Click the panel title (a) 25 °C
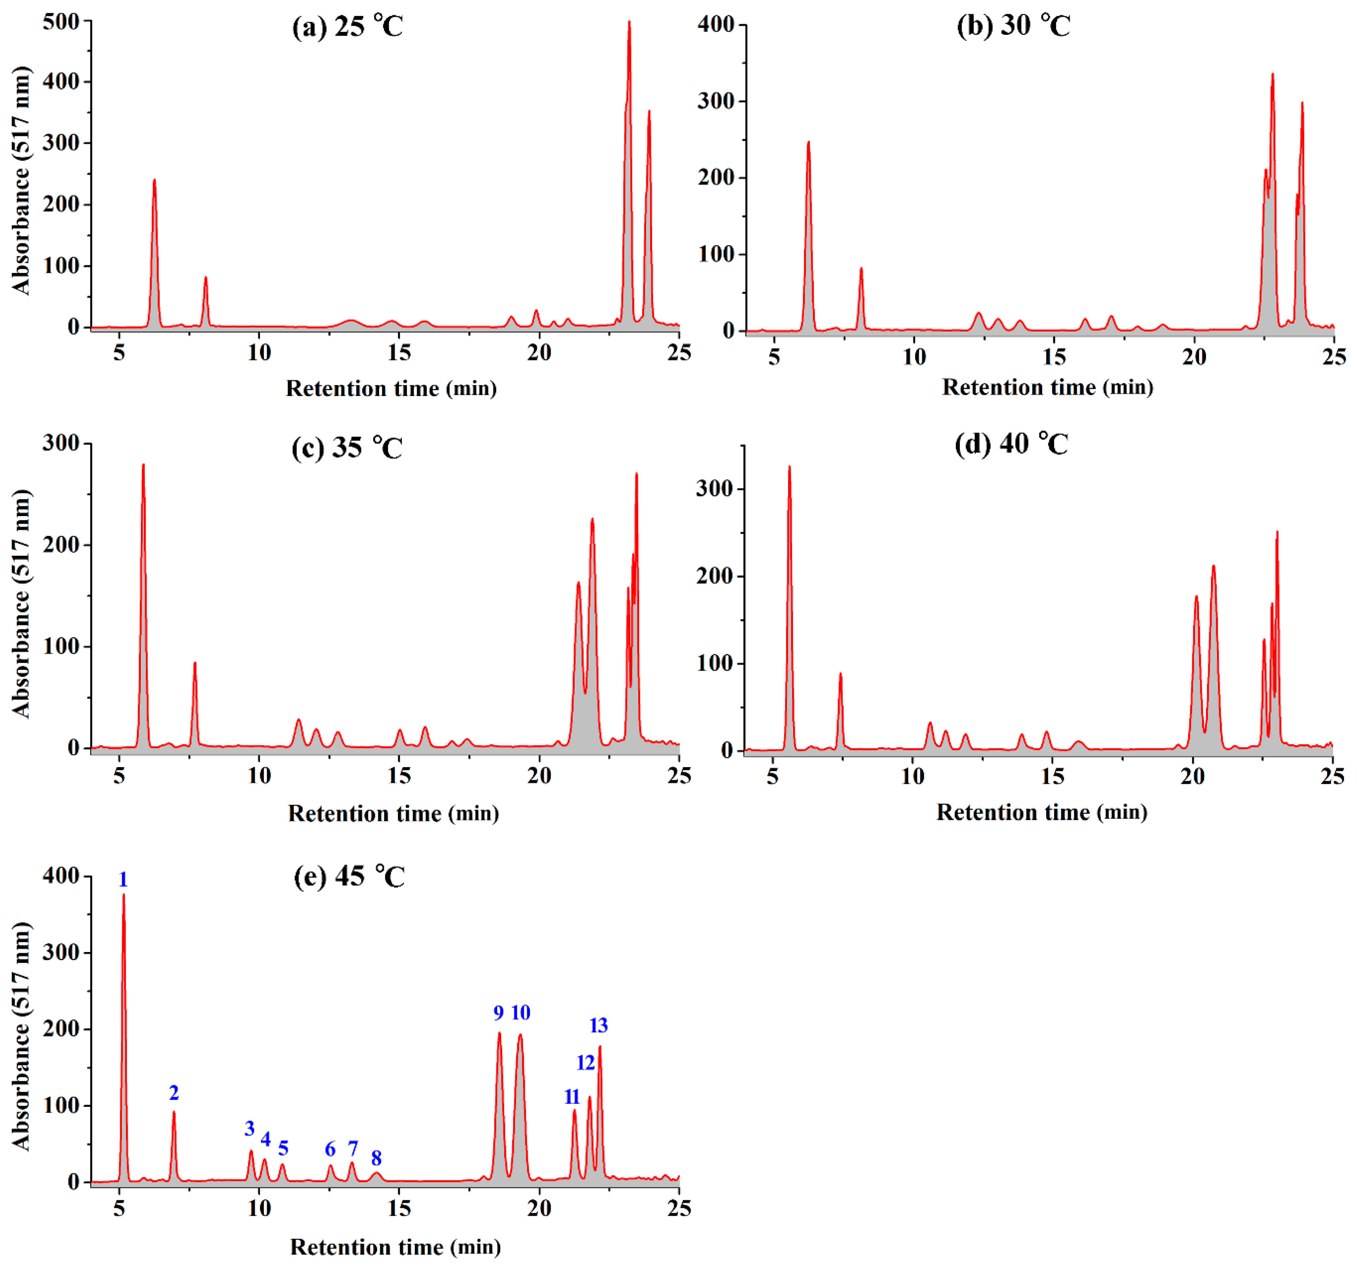coord(348,27)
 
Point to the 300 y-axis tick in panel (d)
coord(714,489)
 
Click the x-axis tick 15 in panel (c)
coord(399,776)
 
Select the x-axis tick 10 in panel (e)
coord(260,1208)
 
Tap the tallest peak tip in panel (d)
coord(790,467)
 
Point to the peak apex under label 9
coord(499,1033)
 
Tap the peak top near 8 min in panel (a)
coord(205,278)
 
